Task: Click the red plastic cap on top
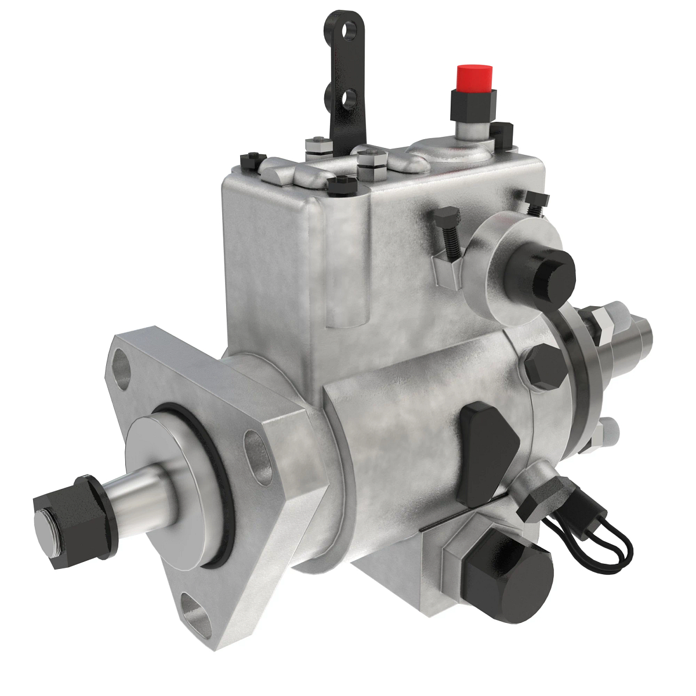[x=474, y=79]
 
